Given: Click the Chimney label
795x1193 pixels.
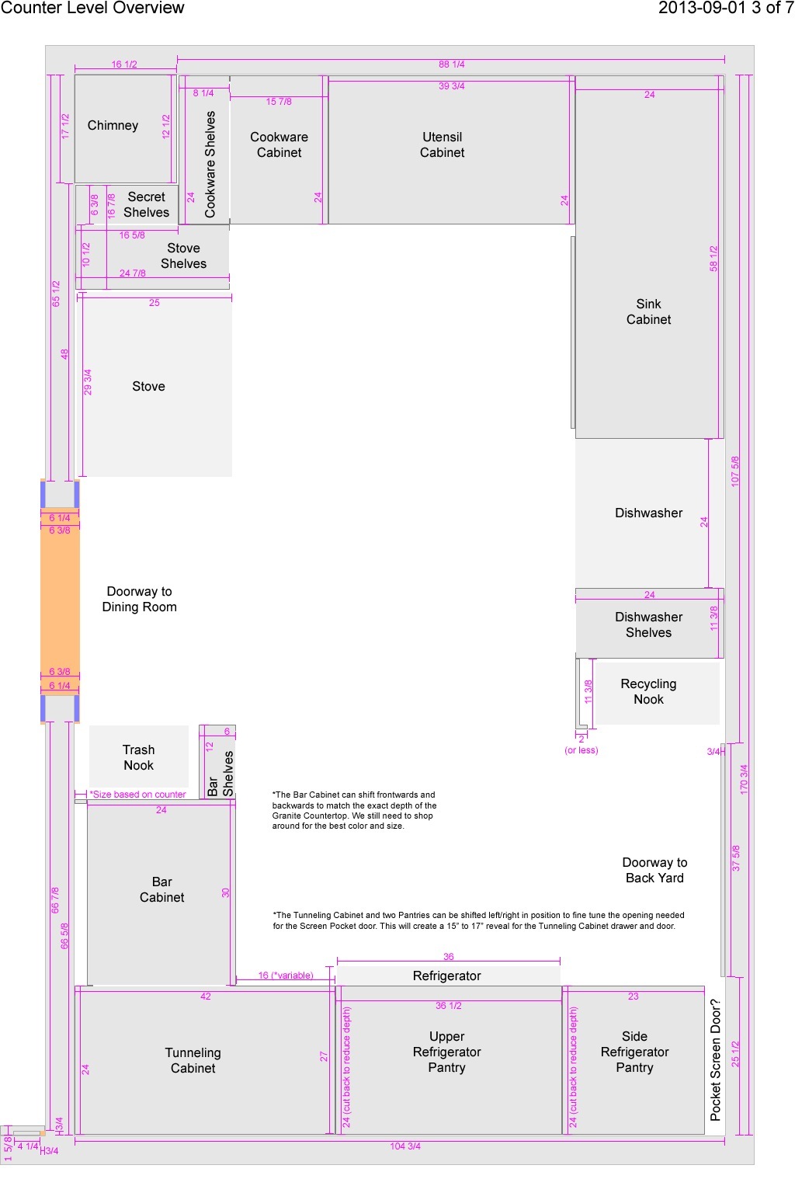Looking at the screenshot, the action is [113, 126].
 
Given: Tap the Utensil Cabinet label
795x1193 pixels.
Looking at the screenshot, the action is [442, 145].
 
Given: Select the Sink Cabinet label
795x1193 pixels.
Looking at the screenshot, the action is [648, 311].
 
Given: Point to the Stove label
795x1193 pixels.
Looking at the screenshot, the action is [148, 386].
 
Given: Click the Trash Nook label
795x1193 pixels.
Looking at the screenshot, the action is [138, 757].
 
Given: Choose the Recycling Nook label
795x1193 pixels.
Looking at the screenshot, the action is [648, 691].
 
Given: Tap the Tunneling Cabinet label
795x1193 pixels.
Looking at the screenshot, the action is [193, 1060].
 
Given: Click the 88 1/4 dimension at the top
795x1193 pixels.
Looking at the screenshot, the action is [452, 64].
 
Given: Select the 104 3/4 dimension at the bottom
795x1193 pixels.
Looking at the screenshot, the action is [405, 1146].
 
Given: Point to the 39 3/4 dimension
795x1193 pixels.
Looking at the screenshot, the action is [452, 85].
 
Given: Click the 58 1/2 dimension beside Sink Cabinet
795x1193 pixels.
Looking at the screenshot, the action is [713, 259].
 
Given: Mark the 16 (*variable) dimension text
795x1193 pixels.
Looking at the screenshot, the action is [286, 976].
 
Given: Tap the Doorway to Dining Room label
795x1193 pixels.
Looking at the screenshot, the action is [140, 599].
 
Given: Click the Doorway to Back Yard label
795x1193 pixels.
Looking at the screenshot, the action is [655, 870].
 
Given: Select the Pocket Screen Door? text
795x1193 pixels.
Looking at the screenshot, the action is [716, 1060].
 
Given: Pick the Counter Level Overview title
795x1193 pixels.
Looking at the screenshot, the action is [92, 8].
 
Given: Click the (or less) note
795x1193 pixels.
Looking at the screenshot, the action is [581, 750].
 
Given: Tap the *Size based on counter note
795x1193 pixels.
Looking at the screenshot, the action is [138, 794].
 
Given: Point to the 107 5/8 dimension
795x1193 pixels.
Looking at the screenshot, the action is [735, 471].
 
